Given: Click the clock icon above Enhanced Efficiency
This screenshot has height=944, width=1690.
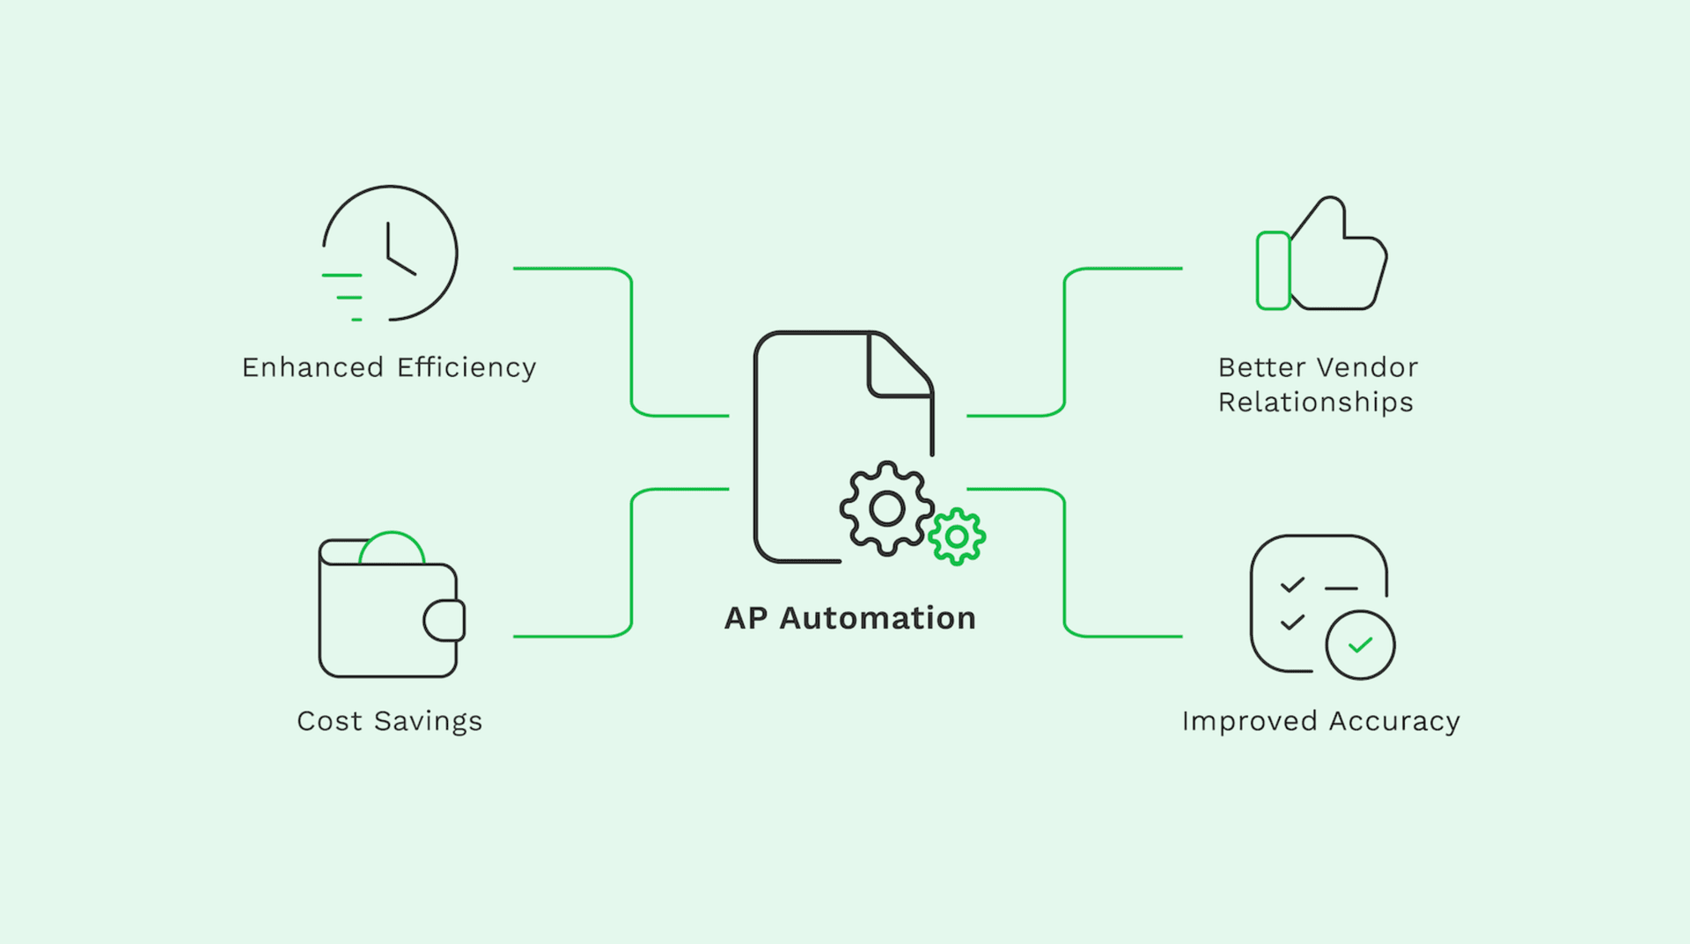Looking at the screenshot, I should [x=390, y=253].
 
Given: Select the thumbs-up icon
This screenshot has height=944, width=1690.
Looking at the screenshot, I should [x=1322, y=255].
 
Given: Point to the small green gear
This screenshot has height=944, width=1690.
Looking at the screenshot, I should [x=957, y=536].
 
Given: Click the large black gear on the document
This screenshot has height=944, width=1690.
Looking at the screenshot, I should [x=886, y=508].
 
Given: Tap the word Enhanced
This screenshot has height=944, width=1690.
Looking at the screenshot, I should [x=312, y=367].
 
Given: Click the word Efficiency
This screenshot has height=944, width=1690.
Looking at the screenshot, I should [x=467, y=367].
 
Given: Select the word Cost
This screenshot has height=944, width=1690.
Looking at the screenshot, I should [x=329, y=721].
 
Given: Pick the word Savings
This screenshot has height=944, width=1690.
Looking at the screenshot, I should [x=428, y=721].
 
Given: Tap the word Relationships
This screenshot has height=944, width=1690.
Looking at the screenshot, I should [x=1315, y=402].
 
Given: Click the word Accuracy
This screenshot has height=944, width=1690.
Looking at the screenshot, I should [x=1394, y=721].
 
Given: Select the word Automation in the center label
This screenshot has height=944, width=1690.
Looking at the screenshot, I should [x=878, y=618].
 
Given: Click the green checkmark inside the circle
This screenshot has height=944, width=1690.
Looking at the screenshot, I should [x=1361, y=645].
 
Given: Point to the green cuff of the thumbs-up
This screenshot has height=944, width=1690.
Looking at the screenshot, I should [x=1273, y=270].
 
